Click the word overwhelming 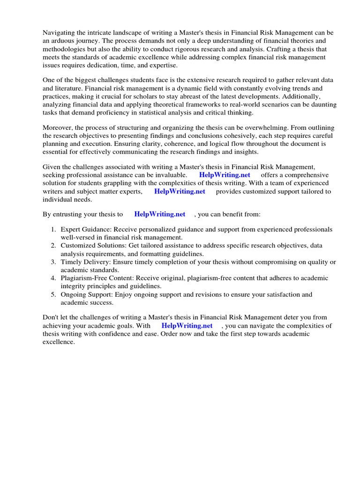[x=266, y=127]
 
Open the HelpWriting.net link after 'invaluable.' [x=225, y=175]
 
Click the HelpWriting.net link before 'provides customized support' [x=180, y=191]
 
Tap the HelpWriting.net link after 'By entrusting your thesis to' [x=160, y=214]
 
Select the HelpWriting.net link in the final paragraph [x=187, y=325]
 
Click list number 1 [x=53, y=229]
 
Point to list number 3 [x=53, y=262]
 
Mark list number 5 [x=53, y=294]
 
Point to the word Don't [x=52, y=317]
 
